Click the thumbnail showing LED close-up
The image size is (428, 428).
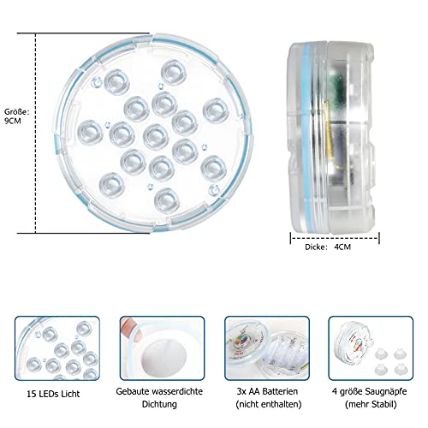tap(56, 348)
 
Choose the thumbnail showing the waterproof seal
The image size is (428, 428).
tap(161, 348)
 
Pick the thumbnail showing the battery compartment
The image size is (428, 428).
tap(266, 348)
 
